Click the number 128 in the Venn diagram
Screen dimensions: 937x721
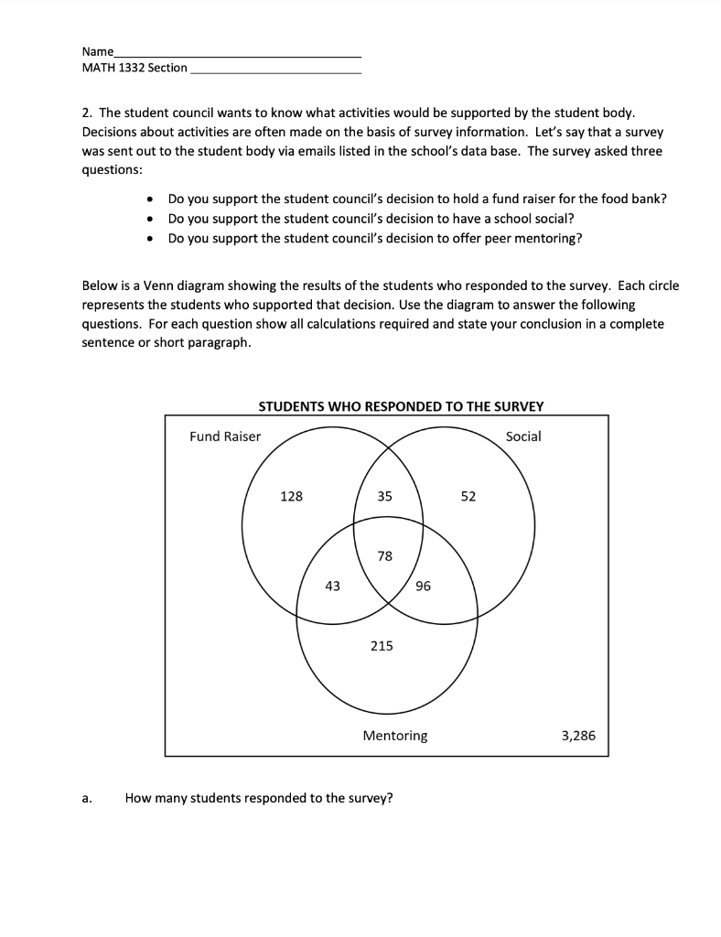pyautogui.click(x=291, y=496)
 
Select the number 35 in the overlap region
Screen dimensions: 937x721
pyautogui.click(x=384, y=496)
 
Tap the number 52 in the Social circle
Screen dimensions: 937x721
pyautogui.click(x=468, y=496)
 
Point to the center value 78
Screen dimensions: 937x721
pyautogui.click(x=384, y=555)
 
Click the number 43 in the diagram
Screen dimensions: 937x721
pyautogui.click(x=332, y=587)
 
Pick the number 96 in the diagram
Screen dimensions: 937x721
pyautogui.click(x=423, y=587)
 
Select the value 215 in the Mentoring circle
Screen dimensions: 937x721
pyautogui.click(x=382, y=646)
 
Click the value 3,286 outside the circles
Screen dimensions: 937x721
pyautogui.click(x=577, y=735)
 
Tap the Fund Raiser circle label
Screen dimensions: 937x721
pyautogui.click(x=225, y=436)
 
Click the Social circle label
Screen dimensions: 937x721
pyautogui.click(x=523, y=436)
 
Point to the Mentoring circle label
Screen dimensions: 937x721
pyautogui.click(x=395, y=735)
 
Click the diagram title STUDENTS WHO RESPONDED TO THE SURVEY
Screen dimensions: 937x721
pyautogui.click(x=401, y=406)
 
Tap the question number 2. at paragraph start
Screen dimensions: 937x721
pyautogui.click(x=88, y=113)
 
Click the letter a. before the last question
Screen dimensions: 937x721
pyautogui.click(x=87, y=798)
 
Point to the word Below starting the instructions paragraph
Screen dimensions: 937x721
pyautogui.click(x=101, y=285)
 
